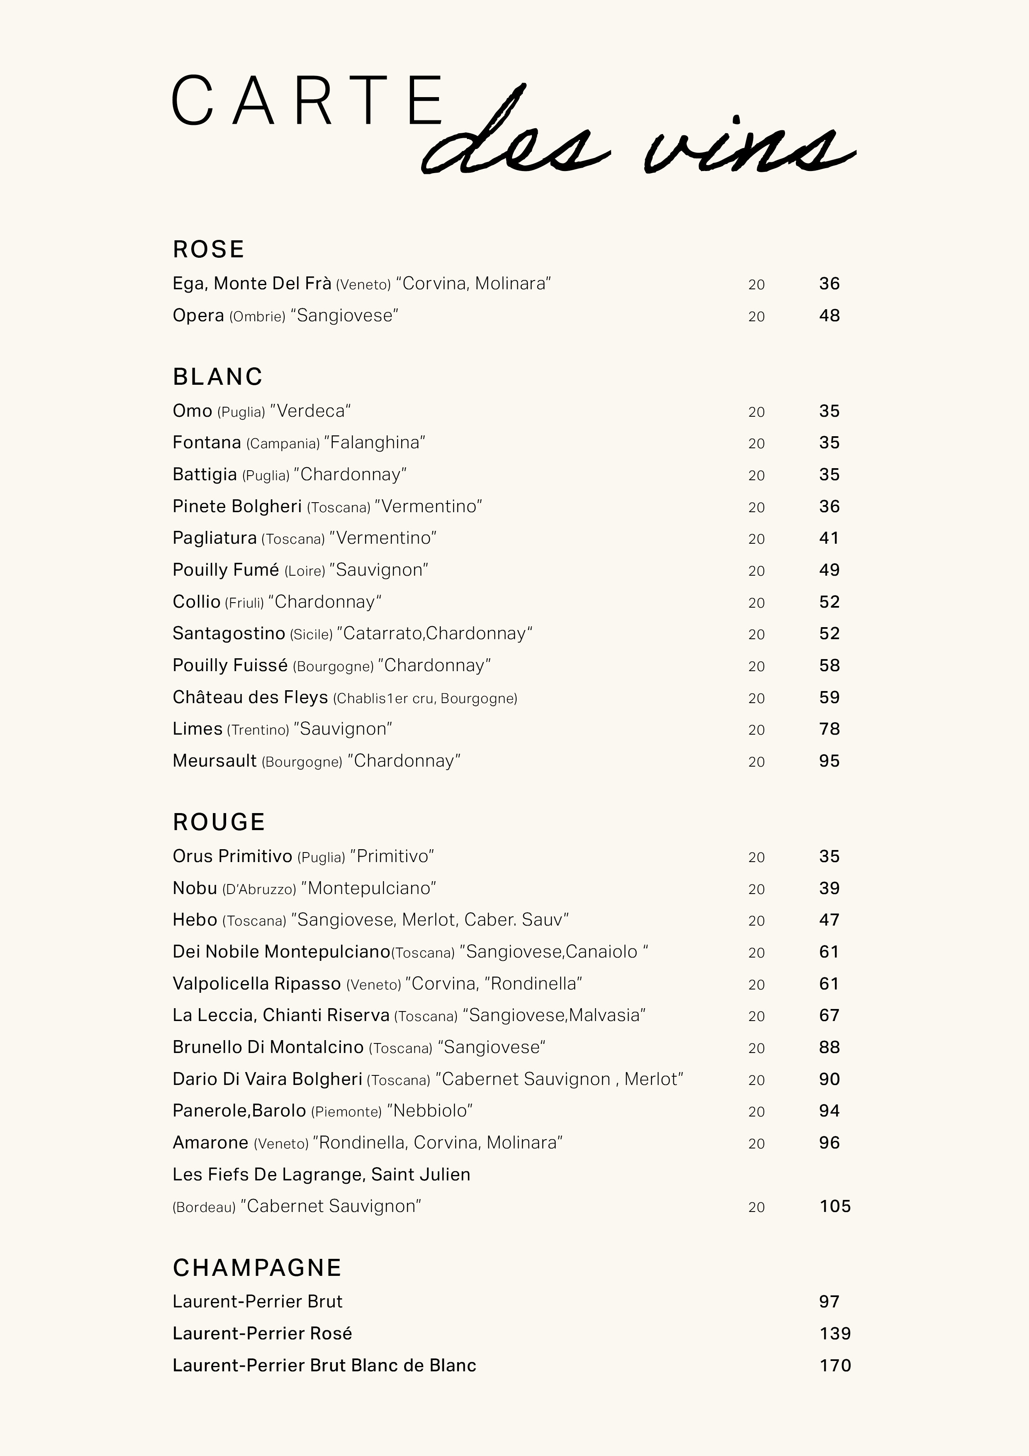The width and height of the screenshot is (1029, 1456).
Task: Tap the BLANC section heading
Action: coord(217,377)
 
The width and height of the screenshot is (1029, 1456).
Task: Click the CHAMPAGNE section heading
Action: coord(257,1268)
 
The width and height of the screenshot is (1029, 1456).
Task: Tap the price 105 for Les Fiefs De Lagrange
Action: coord(835,1206)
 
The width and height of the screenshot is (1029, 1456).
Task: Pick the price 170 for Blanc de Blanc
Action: coord(835,1366)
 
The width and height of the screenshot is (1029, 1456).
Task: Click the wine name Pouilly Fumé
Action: coord(226,570)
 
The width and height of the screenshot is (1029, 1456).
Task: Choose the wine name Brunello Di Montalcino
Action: coord(268,1047)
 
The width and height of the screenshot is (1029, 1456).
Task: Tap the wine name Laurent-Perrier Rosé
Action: coord(262,1334)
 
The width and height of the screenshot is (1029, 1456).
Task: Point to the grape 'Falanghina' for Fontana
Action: coord(374,442)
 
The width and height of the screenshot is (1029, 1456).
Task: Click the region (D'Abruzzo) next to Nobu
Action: coord(259,889)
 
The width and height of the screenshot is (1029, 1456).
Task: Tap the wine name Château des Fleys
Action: coord(250,698)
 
